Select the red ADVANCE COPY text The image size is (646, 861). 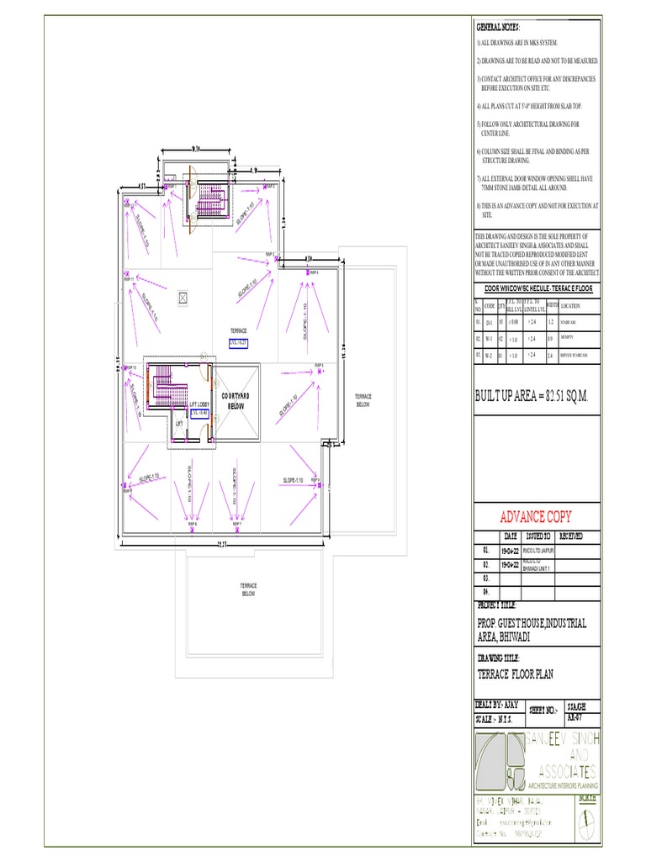point(536,515)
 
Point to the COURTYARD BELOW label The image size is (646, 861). point(233,400)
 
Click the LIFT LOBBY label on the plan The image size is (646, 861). point(199,404)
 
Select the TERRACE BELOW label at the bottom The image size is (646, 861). point(248,589)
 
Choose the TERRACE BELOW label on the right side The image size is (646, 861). point(363,399)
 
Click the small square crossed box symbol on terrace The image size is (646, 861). point(183,298)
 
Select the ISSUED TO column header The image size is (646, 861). point(537,536)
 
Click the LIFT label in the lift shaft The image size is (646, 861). point(178,424)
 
